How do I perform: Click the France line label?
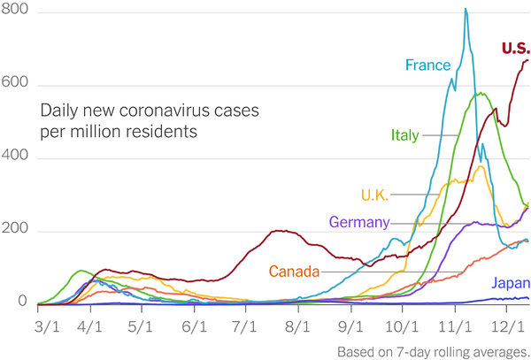click(x=429, y=65)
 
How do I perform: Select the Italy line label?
click(x=406, y=135)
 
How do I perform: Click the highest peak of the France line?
click(x=466, y=10)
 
